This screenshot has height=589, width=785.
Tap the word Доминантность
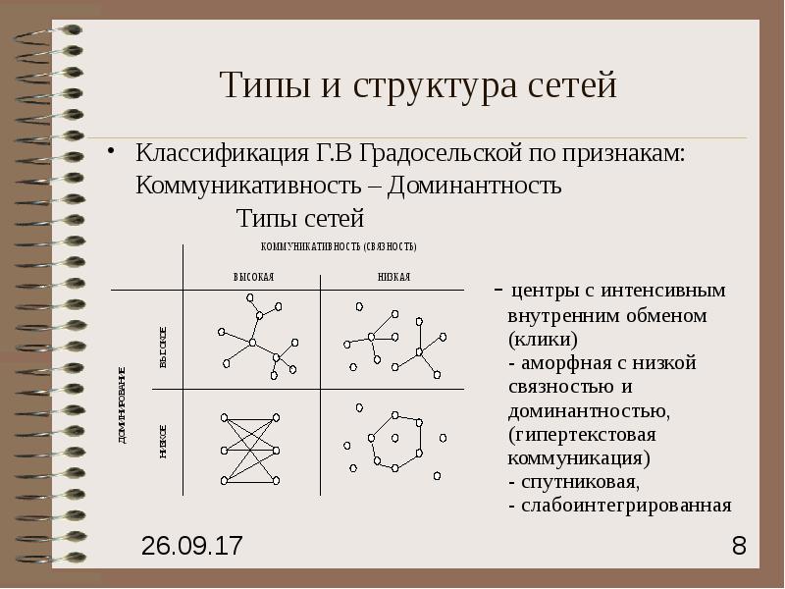coord(475,185)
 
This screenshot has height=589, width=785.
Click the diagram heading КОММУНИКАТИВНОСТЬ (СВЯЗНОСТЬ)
coord(339,246)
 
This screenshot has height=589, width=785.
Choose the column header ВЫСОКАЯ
coord(253,278)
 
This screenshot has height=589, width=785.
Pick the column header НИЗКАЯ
coord(393,278)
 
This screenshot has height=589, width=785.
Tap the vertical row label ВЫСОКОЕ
coord(164,348)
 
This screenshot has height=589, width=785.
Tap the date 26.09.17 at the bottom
coord(192,546)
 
